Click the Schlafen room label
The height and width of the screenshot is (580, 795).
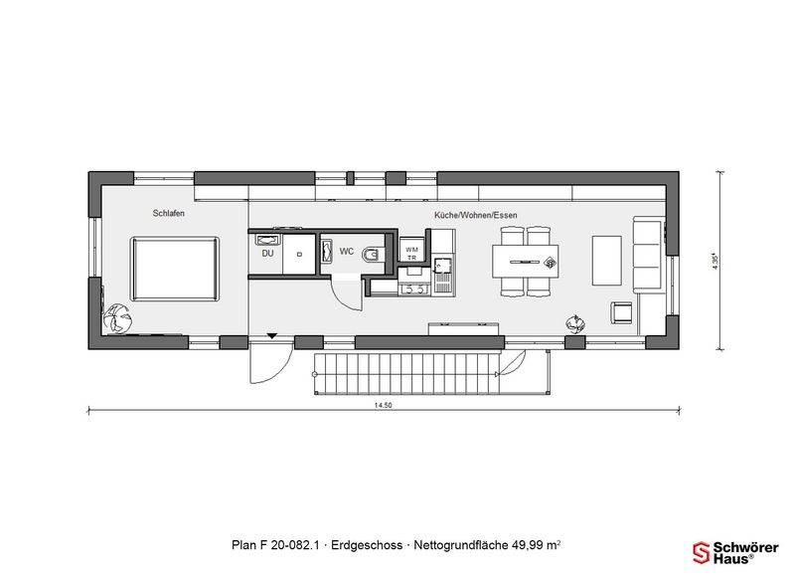168,213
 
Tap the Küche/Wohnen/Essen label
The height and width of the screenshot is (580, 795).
476,215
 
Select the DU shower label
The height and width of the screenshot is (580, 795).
267,254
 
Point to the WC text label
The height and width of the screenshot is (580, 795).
346,252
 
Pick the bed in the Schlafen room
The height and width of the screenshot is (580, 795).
176,269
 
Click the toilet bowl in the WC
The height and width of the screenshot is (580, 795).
374,254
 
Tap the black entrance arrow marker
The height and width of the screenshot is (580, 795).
272,335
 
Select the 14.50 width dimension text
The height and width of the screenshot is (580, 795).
384,405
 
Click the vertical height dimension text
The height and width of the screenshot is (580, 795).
715,262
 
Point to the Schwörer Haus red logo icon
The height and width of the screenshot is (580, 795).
702,552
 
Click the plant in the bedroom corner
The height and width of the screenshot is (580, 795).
118,318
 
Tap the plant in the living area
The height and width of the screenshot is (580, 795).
574,323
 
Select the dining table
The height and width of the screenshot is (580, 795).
526,262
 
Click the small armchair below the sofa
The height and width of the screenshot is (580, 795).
621,312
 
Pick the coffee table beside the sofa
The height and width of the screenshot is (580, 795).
607,261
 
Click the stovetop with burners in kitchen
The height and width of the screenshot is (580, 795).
414,289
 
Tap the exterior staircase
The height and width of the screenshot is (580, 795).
406,373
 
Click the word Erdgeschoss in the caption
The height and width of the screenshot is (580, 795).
367,545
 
